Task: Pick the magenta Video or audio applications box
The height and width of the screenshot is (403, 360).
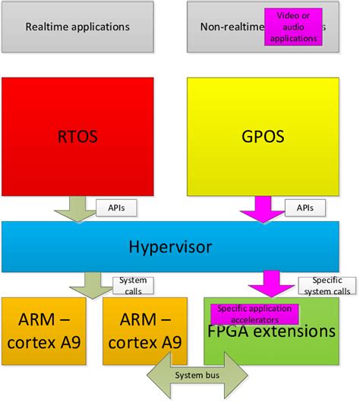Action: point(293,27)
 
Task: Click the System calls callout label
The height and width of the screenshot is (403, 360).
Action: point(133,285)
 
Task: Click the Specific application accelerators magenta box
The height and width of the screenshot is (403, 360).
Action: point(253,313)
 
